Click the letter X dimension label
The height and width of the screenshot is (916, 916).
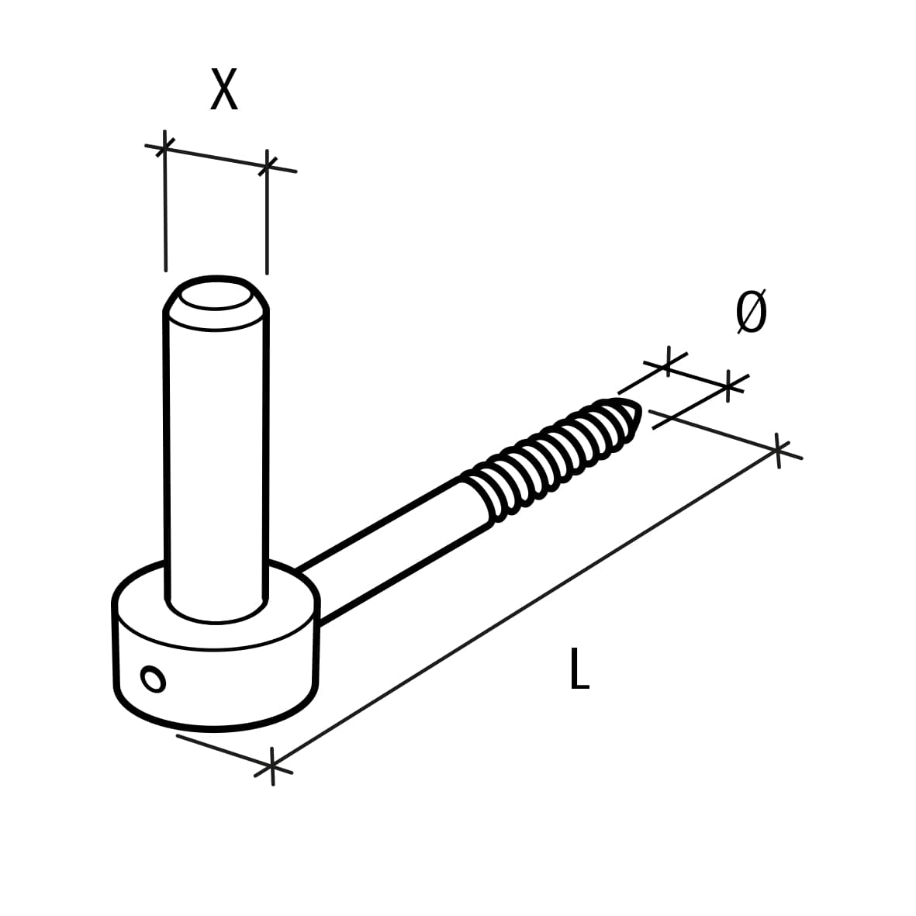coord(223,90)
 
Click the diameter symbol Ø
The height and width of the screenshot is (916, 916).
coord(750,313)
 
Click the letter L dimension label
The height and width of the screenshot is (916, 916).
coord(579,669)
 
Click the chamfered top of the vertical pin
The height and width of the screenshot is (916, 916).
coord(216,298)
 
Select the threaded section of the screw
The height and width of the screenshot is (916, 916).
coord(552,458)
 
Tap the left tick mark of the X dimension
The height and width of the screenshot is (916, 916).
coord(164,146)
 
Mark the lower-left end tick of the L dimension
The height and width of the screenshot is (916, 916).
coord(271,768)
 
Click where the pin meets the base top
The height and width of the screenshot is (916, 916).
coord(216,613)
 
